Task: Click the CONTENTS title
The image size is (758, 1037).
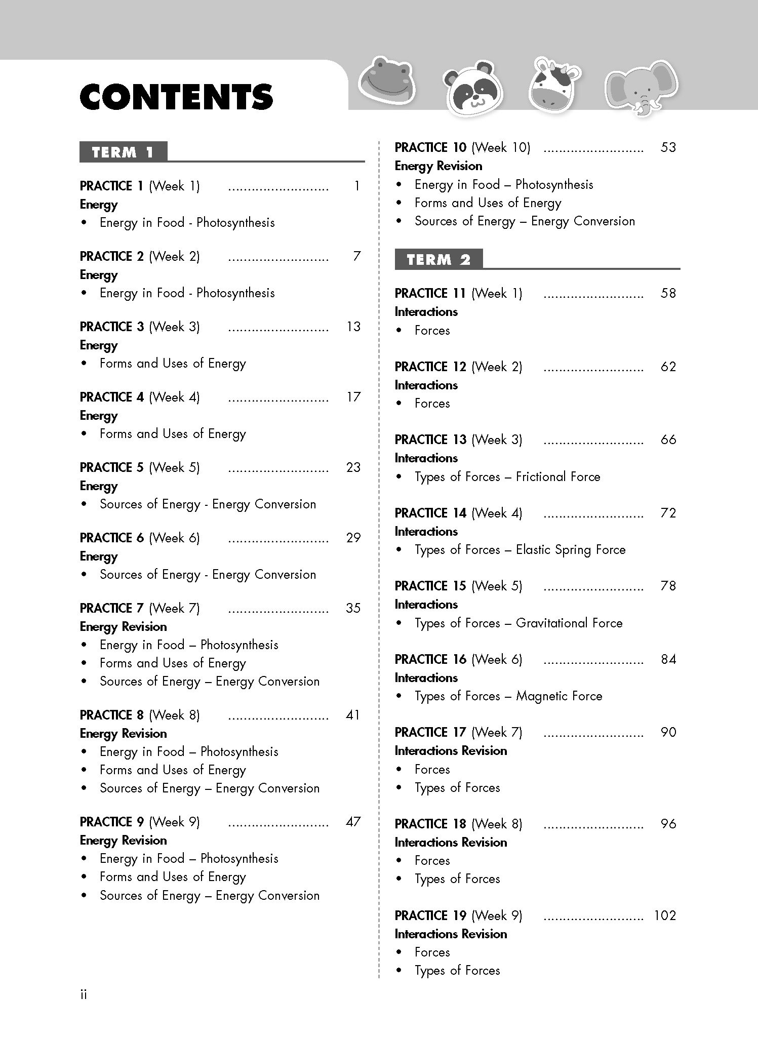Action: [x=176, y=97]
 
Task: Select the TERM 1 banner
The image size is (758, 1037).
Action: [x=123, y=152]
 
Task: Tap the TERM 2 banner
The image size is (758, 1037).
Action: [x=438, y=259]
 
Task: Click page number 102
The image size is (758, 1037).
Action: [x=665, y=915]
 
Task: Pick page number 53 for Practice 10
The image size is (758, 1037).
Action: [x=668, y=147]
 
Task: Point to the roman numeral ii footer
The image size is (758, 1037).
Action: [x=84, y=994]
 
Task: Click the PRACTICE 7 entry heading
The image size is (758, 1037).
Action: [x=140, y=608]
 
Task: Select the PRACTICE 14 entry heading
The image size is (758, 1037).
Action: [x=458, y=513]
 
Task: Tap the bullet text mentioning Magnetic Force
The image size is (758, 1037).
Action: [x=508, y=696]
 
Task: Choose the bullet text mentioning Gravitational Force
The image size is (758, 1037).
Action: [x=518, y=623]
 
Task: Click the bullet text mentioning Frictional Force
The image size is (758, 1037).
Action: [x=507, y=476]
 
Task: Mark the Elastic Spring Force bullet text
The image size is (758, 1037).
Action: [x=520, y=549]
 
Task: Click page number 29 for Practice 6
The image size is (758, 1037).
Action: [x=353, y=538]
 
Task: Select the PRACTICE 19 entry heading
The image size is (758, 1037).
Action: [x=458, y=915]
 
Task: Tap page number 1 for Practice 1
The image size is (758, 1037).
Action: [x=356, y=186]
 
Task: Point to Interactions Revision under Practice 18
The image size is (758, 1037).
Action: [x=451, y=842]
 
